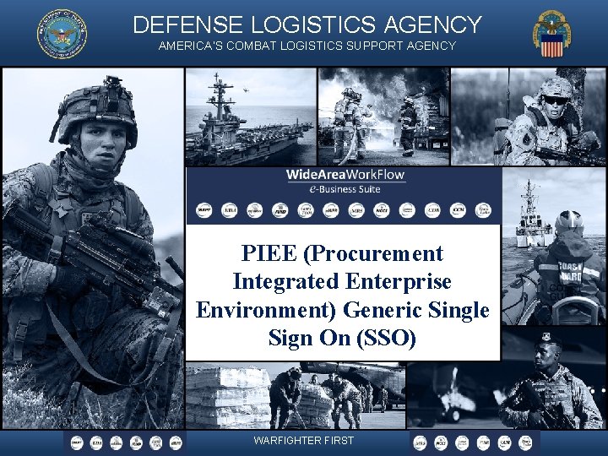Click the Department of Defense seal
tap(62, 35)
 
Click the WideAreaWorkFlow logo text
tap(345, 176)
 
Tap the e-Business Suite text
tap(345, 190)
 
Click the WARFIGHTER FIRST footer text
tap(303, 441)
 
